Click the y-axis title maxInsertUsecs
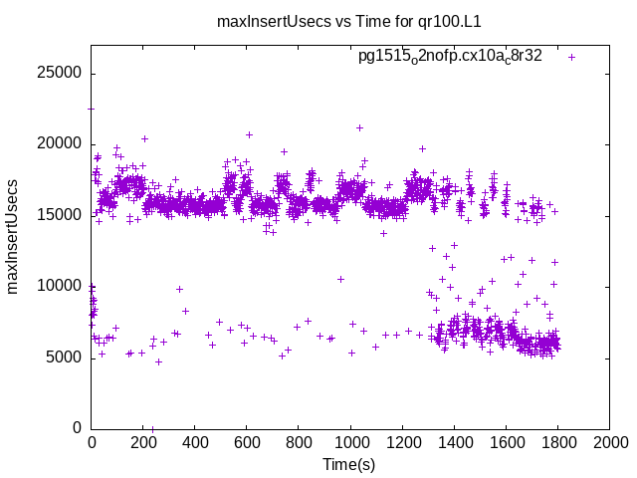(x=14, y=236)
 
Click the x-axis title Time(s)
(x=348, y=464)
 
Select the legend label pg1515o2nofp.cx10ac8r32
(x=450, y=56)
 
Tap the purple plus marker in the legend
(x=571, y=57)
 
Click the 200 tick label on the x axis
(x=143, y=441)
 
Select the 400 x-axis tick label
(x=195, y=441)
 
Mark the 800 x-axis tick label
(x=299, y=441)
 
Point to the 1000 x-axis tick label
(x=350, y=441)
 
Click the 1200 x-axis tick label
(x=402, y=441)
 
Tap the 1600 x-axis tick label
(x=506, y=441)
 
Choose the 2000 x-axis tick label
(x=609, y=441)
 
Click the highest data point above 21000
(x=359, y=127)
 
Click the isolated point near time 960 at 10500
(x=340, y=279)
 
